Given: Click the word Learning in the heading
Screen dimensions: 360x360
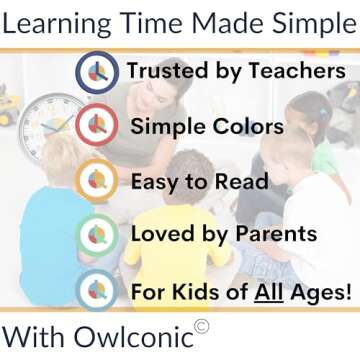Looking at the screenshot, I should [58, 24].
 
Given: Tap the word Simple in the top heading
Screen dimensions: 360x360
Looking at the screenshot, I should [307, 24].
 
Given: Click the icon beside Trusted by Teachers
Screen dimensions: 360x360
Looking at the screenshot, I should [98, 72].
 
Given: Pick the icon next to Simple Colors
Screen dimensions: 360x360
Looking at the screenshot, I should [98, 126].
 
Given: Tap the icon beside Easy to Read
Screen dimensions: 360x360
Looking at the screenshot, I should [98, 181].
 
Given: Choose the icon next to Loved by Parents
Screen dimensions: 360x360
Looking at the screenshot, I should [98, 236].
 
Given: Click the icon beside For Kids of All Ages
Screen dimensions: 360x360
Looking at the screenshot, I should [98, 291].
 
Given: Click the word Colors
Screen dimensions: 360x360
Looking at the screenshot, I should [245, 127].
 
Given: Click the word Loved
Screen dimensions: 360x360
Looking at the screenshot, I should [162, 236].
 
